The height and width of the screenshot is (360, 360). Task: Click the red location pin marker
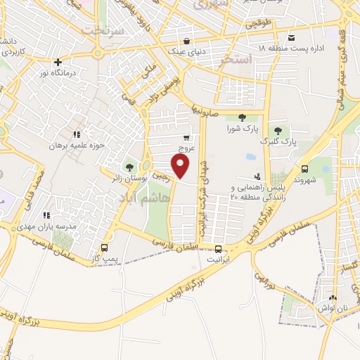pos(181,166)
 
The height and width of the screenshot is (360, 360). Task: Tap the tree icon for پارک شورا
pos(243,117)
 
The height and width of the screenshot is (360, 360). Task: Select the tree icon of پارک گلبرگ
pos(278,130)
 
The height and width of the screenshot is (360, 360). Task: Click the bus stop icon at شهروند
pos(304,169)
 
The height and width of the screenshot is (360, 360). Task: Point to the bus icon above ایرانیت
pos(218,249)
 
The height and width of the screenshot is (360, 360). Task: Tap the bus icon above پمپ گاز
pos(105,247)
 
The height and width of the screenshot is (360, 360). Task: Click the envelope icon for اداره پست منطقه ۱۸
pos(291,37)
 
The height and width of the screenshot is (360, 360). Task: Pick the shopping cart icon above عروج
pos(186,138)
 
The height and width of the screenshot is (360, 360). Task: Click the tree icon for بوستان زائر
pos(129,167)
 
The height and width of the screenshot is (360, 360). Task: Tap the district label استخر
pos(236,60)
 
